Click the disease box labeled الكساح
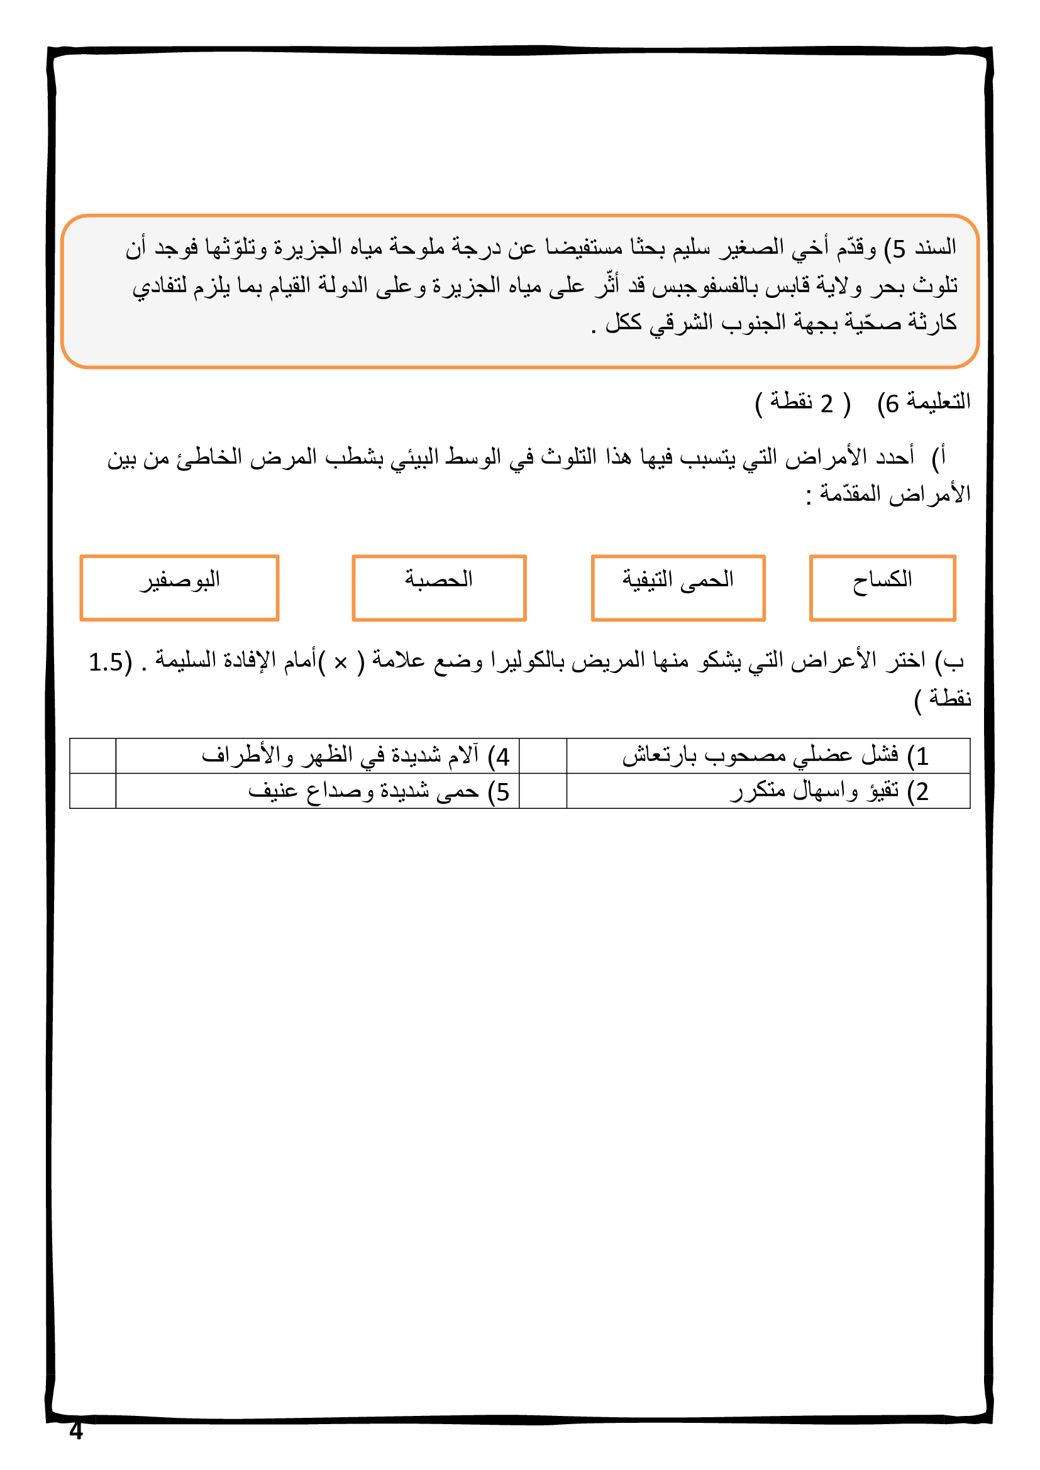882,587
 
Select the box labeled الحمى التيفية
678,587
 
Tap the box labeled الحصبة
439,587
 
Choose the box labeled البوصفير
179,587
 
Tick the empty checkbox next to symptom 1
543,755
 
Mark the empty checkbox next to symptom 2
543,791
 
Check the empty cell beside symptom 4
93,755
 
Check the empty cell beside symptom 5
93,791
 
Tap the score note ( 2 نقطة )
802,403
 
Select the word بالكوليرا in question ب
525,660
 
